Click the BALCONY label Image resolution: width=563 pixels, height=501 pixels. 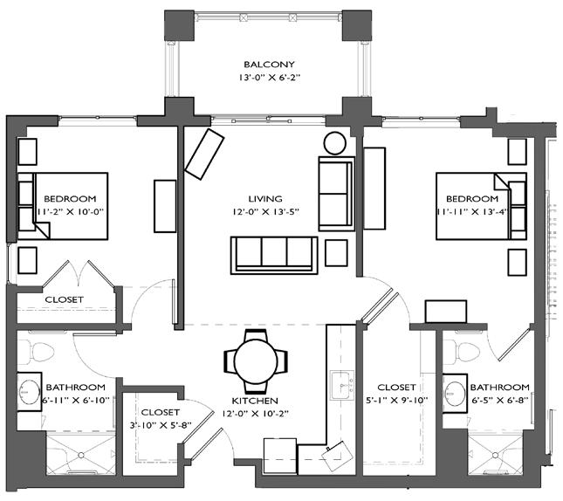[269, 65]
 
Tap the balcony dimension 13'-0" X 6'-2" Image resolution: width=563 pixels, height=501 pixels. [269, 78]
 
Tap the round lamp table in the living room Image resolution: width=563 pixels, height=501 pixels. [335, 143]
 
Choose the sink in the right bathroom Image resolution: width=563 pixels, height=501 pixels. [455, 388]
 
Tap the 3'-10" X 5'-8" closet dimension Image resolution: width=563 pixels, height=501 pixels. [160, 426]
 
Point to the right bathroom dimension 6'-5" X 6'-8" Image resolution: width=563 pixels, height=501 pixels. [500, 401]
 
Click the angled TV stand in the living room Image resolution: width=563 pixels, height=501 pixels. [205, 154]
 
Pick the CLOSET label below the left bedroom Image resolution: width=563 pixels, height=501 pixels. [64, 299]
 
